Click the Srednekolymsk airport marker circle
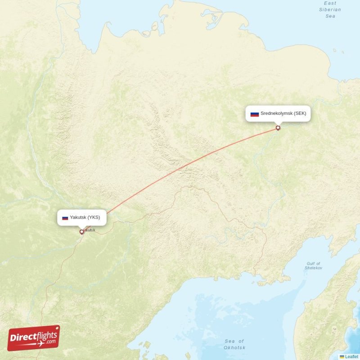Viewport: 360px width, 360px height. coord(278,128)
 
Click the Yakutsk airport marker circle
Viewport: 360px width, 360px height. coord(81,232)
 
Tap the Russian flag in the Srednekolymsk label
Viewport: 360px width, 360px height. coord(255,114)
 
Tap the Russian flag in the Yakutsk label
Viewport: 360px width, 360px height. coord(65,218)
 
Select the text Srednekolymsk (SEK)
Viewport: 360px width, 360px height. coord(283,113)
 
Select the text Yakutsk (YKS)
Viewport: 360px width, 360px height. coord(85,217)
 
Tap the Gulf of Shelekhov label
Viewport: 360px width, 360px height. coord(314,265)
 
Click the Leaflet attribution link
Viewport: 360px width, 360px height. coord(351,356)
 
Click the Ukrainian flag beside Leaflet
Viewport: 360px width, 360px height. coord(342,356)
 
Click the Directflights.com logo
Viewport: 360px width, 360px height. coord(34,338)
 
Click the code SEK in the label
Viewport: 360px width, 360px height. coord(300,113)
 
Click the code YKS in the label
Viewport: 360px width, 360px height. coord(94,217)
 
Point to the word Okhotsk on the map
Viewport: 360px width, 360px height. coord(234,347)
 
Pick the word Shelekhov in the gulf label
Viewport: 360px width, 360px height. coord(314,268)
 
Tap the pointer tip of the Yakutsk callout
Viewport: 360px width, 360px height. coord(81,228)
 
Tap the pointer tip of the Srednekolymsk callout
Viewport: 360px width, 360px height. coord(278,123)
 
